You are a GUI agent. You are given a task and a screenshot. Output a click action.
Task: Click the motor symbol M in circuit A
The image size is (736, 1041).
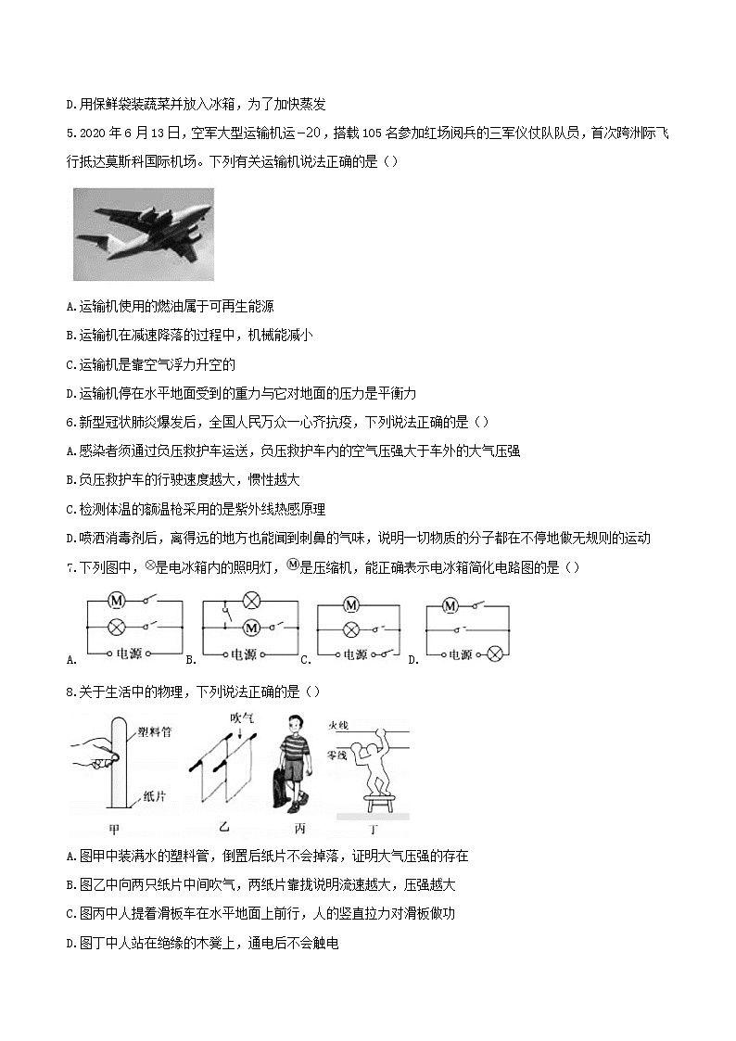tap(118, 600)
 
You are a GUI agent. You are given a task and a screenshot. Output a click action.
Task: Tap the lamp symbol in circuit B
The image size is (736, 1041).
tap(250, 601)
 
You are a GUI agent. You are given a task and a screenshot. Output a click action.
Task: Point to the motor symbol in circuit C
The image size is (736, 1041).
tap(350, 605)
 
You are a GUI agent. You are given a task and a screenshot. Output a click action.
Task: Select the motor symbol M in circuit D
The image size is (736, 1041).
tap(450, 605)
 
